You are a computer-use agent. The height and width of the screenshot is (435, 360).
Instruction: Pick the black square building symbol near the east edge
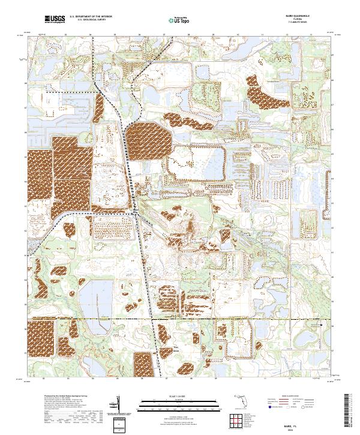tap(322, 325)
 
